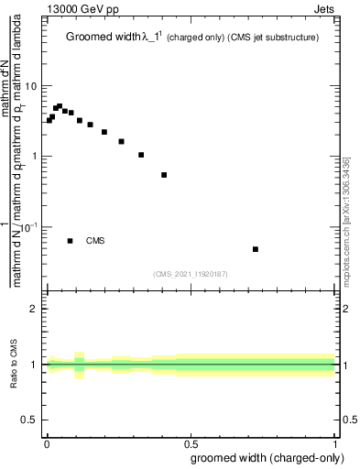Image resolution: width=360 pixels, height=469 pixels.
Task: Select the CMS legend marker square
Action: coord(71,241)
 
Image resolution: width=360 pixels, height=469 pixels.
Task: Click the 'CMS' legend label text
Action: coord(95,241)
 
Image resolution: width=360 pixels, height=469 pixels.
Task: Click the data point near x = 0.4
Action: coord(164,175)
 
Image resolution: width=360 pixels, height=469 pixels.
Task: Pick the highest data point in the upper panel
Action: coord(60,106)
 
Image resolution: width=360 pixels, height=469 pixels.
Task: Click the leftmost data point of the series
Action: coord(49,120)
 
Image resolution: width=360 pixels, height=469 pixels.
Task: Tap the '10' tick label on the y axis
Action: coord(32,86)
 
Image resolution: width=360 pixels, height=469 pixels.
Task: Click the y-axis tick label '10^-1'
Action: coord(29,226)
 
